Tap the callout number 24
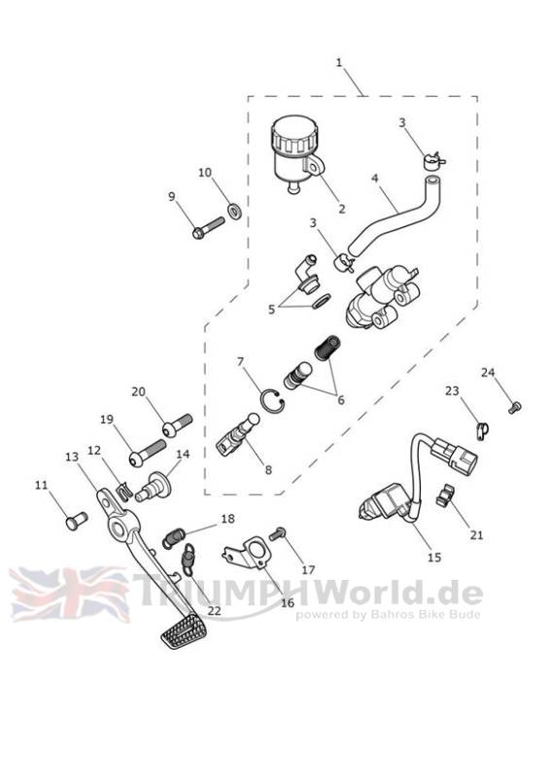[x=488, y=372]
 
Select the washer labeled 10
[x=234, y=211]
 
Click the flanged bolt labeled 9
[x=209, y=228]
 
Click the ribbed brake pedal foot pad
[x=180, y=630]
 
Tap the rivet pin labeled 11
[x=77, y=521]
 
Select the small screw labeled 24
[x=515, y=408]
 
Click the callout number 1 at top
[x=339, y=62]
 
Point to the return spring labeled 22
[x=188, y=559]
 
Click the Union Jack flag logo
[x=69, y=593]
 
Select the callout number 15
[x=434, y=557]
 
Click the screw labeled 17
[x=277, y=534]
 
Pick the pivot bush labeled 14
[x=154, y=488]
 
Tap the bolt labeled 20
[x=178, y=425]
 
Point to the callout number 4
[x=375, y=177]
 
